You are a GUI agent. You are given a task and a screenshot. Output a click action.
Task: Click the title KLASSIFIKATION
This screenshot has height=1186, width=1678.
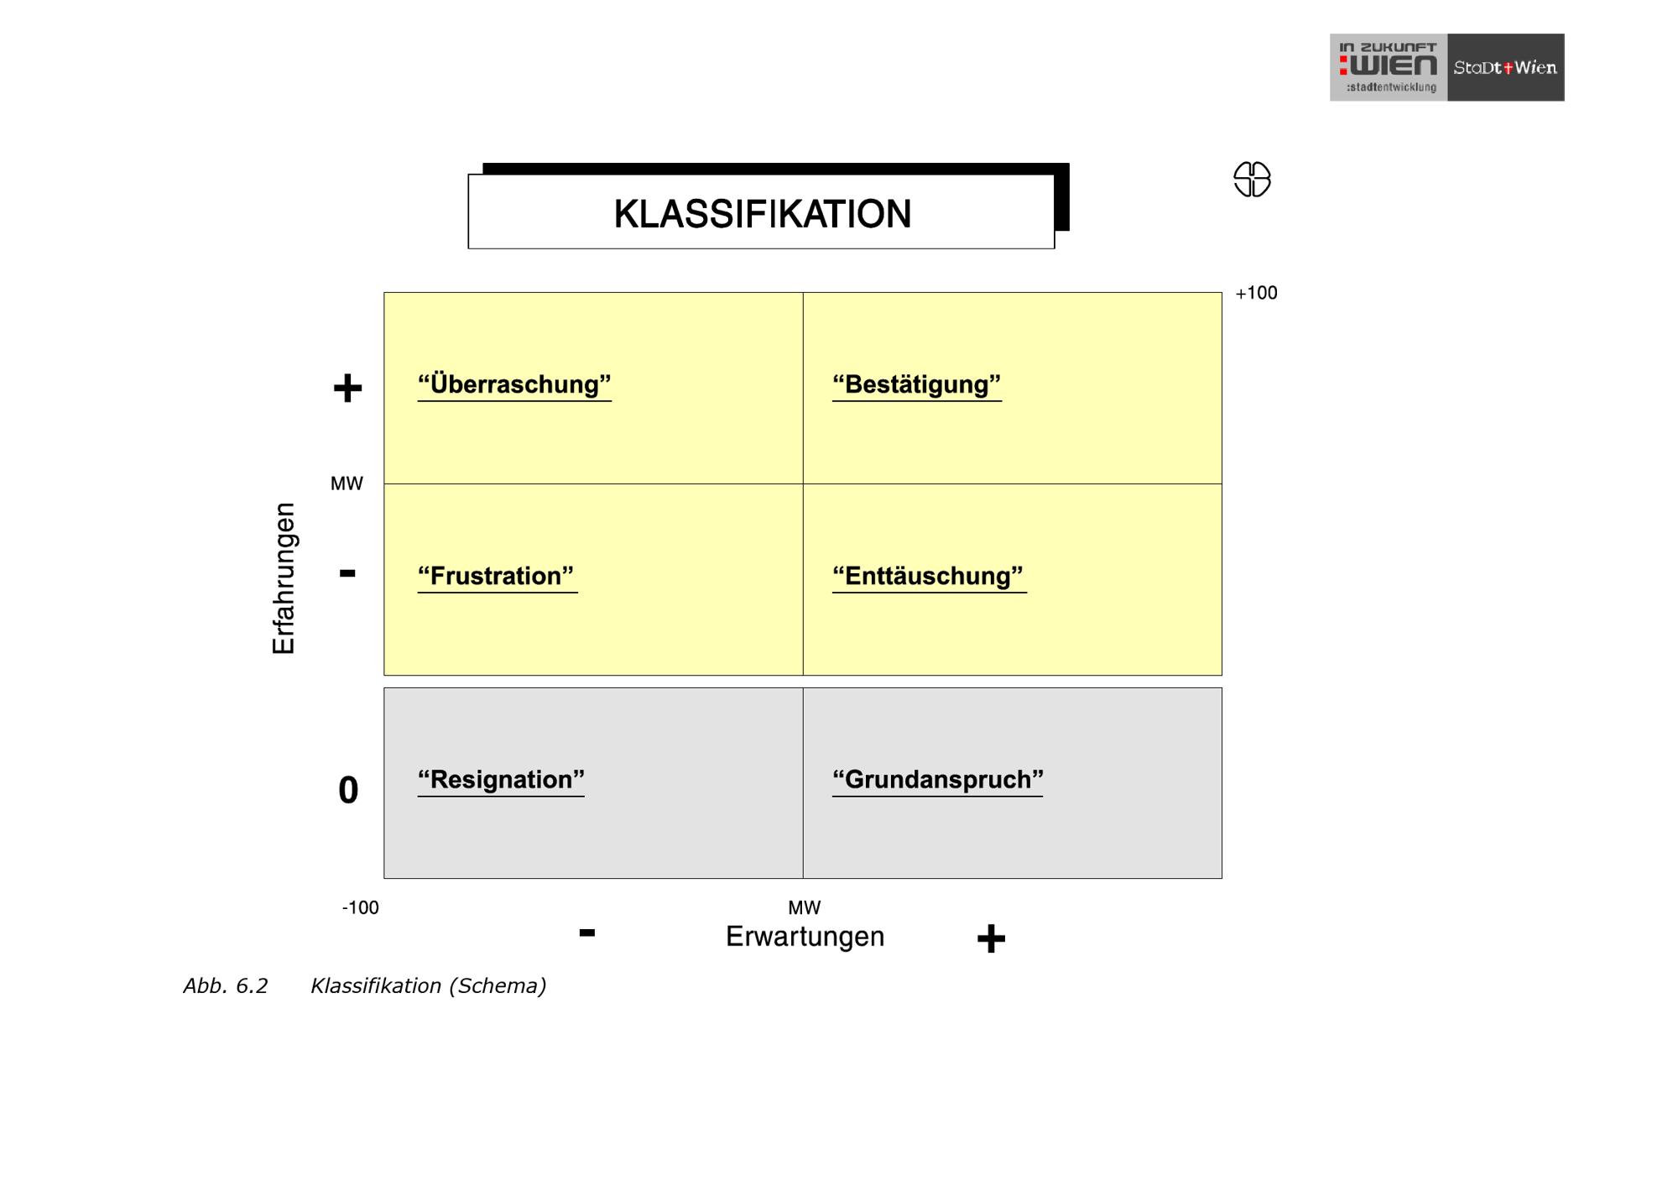tap(762, 214)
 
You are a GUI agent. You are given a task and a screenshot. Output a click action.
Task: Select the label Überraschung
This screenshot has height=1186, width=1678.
tap(514, 384)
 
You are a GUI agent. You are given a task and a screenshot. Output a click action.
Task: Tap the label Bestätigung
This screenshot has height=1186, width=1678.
tap(916, 384)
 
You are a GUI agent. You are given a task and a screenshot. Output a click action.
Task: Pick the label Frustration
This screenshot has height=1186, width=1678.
tap(497, 576)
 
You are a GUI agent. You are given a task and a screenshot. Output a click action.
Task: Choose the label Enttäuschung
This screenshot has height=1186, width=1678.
tap(928, 576)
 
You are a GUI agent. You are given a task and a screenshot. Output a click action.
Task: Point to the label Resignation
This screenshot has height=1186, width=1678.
tap(501, 780)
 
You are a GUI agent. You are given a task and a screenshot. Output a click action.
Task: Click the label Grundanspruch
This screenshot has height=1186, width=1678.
tap(937, 780)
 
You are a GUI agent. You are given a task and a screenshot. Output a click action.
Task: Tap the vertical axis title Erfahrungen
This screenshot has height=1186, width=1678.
tap(284, 578)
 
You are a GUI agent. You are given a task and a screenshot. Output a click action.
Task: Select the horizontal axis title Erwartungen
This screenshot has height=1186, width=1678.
tap(805, 936)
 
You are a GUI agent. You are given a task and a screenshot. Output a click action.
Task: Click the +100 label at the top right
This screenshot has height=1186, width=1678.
tap(1256, 293)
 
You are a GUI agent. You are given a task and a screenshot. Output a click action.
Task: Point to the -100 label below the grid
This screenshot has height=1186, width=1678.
tap(360, 907)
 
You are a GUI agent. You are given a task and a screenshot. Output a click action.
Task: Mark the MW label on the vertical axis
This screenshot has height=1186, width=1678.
tap(347, 483)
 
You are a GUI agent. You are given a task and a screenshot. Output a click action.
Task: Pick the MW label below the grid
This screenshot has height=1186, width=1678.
tap(804, 907)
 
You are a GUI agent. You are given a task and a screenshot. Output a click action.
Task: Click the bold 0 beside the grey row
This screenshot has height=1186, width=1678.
tap(348, 790)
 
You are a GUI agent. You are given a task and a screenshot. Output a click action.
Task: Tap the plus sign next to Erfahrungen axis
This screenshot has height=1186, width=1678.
tap(347, 389)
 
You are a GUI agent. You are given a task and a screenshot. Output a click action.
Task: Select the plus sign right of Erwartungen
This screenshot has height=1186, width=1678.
tap(991, 938)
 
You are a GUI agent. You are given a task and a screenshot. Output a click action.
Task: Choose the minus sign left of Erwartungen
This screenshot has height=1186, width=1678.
tap(587, 933)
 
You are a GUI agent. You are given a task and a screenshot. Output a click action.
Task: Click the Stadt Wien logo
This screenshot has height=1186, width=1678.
tap(1505, 68)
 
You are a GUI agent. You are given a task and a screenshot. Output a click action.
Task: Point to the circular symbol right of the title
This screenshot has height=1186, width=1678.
tap(1252, 180)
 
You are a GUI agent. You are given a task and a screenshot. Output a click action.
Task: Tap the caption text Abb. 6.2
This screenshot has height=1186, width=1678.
tap(226, 985)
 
